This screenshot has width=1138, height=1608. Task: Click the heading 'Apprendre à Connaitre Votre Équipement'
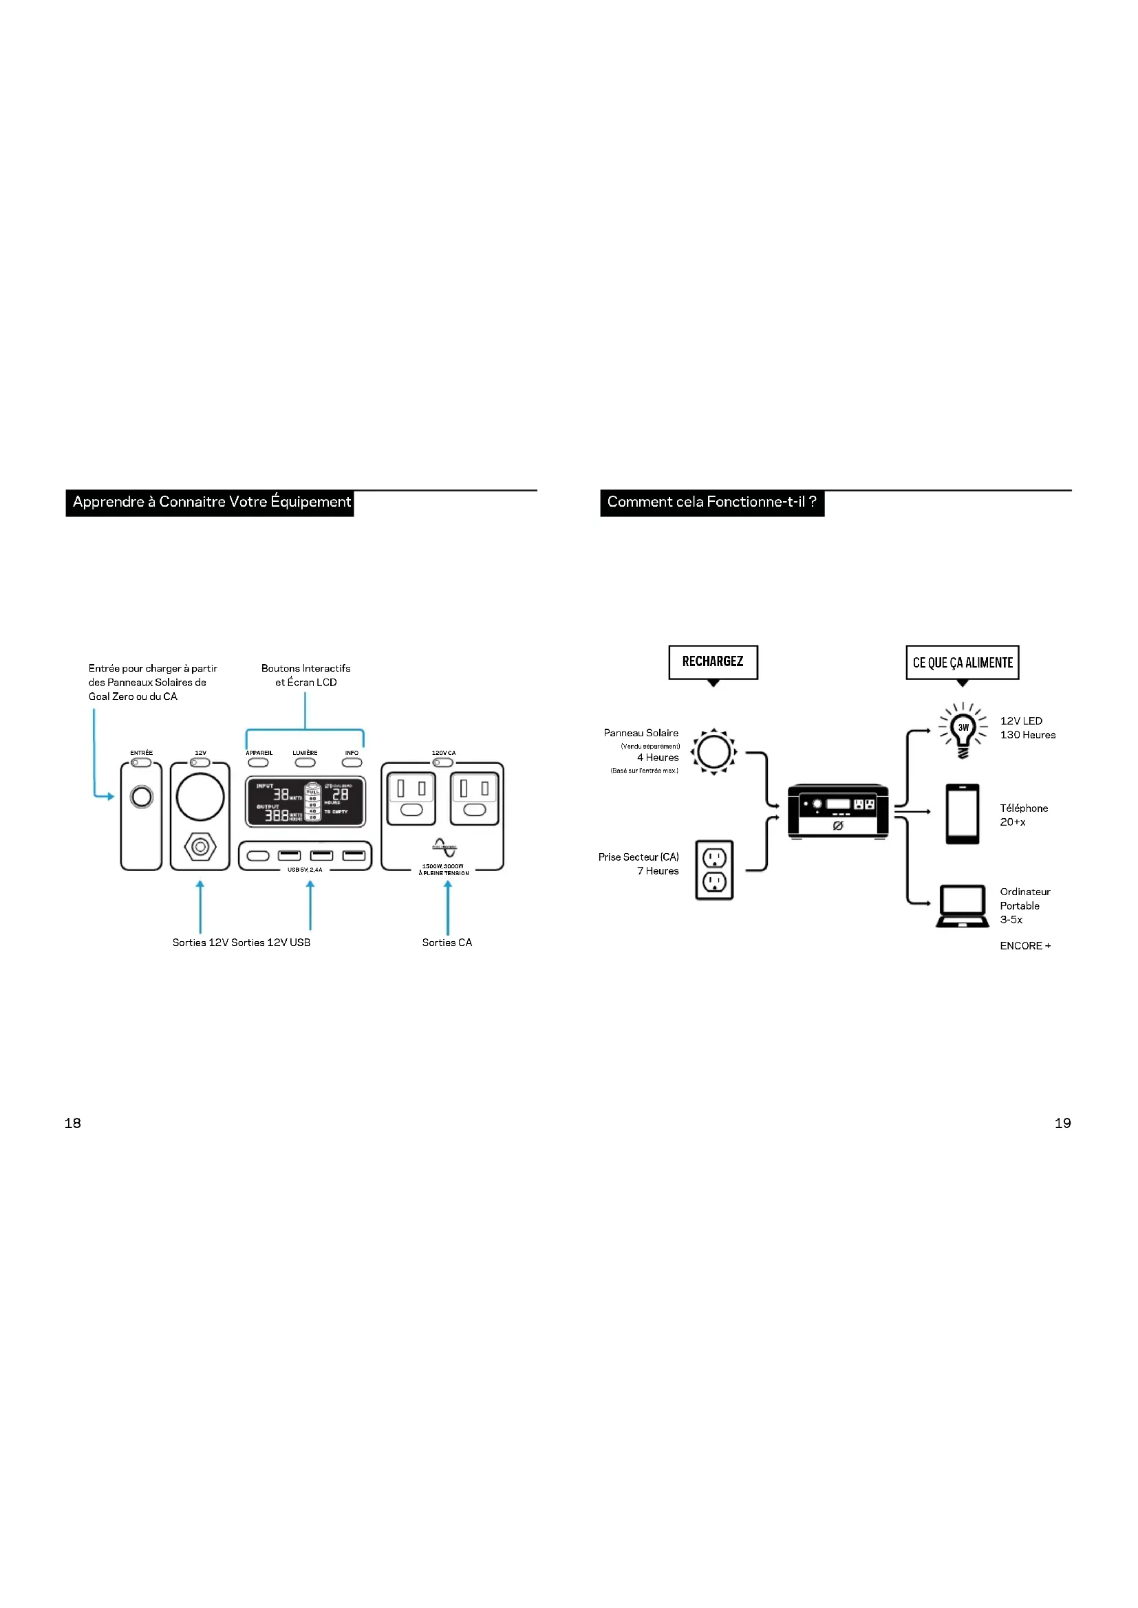click(211, 502)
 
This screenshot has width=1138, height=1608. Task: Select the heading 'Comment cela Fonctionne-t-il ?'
click(711, 502)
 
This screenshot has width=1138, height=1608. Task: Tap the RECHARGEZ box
click(713, 662)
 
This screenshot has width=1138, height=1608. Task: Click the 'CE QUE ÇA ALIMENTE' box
click(962, 663)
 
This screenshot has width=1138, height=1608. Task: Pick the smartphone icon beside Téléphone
click(962, 814)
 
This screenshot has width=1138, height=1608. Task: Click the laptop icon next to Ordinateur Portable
click(962, 905)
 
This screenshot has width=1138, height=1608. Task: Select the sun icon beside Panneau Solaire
click(713, 751)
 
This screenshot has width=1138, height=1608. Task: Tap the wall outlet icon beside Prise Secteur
click(714, 870)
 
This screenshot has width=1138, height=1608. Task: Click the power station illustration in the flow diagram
click(837, 811)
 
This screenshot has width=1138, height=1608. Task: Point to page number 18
click(73, 1123)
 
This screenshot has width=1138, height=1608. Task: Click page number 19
click(1062, 1123)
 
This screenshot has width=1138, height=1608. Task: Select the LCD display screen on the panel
click(305, 801)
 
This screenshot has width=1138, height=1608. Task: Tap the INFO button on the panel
click(352, 762)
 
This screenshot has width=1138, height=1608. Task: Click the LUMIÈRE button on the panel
click(305, 762)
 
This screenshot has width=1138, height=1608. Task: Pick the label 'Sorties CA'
click(447, 943)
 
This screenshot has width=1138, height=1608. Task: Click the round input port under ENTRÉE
click(142, 797)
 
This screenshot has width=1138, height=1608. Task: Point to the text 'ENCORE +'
click(1025, 946)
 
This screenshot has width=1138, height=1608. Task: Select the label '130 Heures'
click(1027, 735)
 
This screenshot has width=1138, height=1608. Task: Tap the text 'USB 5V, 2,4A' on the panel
click(305, 870)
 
